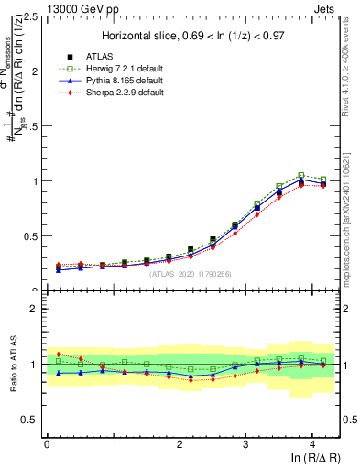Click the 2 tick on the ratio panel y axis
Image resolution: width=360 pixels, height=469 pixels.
34,309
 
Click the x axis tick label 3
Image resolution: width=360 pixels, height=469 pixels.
245,443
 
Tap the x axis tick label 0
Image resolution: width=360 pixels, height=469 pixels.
47,443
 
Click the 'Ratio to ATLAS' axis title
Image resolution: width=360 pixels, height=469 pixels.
13,364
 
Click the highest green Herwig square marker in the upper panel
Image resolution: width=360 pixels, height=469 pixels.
300,174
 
